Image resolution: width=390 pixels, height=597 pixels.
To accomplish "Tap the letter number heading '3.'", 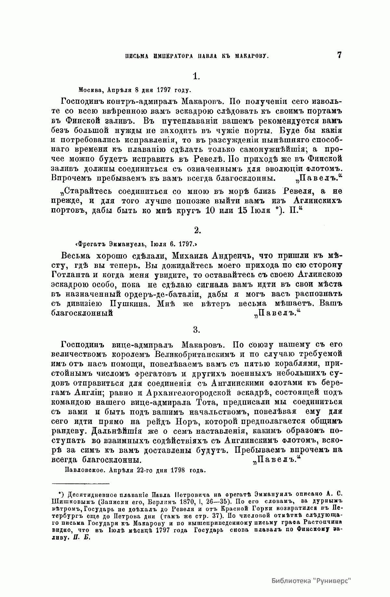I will pyautogui.click(x=196, y=330).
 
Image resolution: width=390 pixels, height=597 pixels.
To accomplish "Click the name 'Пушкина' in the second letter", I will pyautogui.click(x=130, y=304).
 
